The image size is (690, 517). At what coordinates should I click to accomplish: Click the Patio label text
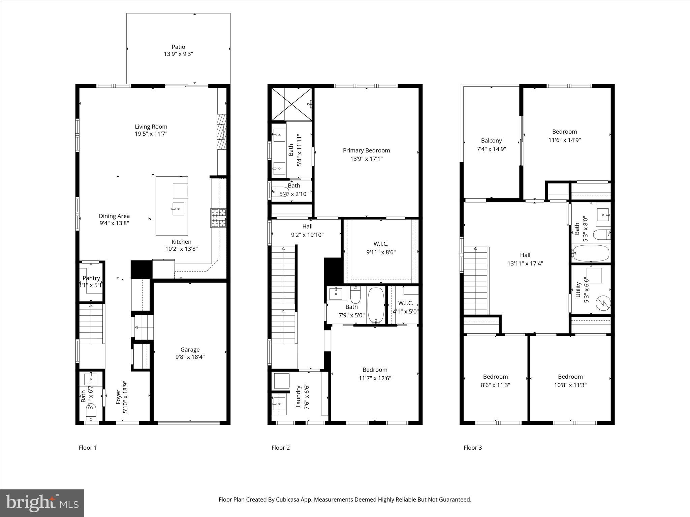[x=178, y=47]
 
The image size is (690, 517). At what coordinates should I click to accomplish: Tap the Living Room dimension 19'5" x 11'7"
[x=151, y=134]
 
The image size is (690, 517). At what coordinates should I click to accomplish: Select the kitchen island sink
[x=178, y=209]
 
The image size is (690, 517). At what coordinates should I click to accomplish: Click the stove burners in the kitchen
[x=218, y=218]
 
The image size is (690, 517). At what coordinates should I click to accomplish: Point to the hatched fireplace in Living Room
[x=222, y=132]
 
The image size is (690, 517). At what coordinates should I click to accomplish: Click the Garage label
[x=190, y=350]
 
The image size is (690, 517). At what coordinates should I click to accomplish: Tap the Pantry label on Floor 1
[x=91, y=278]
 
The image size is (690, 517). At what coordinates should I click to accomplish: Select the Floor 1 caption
[x=88, y=448]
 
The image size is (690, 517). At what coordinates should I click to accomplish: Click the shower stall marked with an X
[x=291, y=104]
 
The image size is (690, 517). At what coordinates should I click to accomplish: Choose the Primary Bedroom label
[x=366, y=150]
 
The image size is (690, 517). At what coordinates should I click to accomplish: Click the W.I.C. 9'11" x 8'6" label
[x=381, y=248]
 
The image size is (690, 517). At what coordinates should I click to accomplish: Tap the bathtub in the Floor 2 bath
[x=376, y=305]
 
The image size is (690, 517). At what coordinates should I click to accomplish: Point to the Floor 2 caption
[x=280, y=448]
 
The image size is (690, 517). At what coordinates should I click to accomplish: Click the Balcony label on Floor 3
[x=491, y=141]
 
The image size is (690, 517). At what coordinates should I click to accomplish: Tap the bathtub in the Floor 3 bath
[x=591, y=253]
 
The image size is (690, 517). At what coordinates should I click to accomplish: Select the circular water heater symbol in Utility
[x=603, y=303]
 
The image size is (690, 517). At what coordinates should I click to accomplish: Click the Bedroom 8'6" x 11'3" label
[x=495, y=381]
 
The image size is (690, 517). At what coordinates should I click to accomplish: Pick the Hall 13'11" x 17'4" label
[x=525, y=259]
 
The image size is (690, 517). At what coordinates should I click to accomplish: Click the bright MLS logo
[x=42, y=503]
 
